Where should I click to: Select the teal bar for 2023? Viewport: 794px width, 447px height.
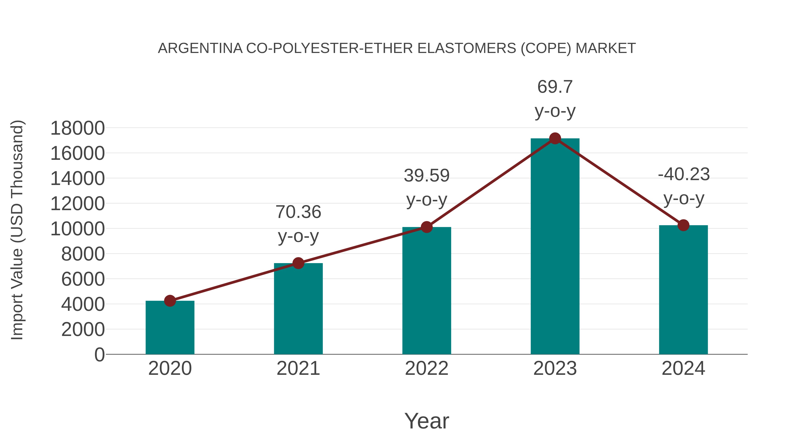(x=555, y=247)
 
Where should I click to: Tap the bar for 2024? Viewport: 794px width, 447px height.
(x=683, y=290)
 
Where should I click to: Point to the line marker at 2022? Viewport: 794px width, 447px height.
(x=427, y=227)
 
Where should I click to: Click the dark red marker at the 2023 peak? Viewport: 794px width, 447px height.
(x=555, y=138)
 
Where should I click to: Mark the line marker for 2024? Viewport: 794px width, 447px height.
(x=683, y=225)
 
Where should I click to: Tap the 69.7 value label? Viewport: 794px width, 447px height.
(x=555, y=87)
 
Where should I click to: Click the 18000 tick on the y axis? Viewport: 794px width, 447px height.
(x=77, y=128)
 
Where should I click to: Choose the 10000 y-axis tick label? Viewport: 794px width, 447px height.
(x=77, y=229)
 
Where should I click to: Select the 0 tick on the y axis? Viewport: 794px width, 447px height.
(x=99, y=355)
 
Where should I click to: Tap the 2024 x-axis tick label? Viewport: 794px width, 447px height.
(x=683, y=368)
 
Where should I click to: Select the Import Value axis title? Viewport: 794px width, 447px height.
(x=17, y=230)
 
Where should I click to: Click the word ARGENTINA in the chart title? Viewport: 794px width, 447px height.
(x=200, y=48)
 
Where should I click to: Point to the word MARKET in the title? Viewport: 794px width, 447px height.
(x=605, y=48)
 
